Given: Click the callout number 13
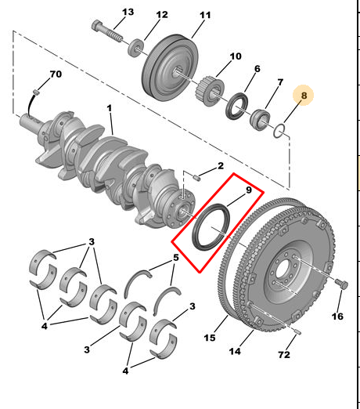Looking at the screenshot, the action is click(128, 12).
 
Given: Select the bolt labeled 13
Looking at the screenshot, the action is click(106, 31).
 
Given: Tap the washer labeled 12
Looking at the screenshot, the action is click(136, 48).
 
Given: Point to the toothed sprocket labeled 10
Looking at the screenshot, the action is click(210, 90).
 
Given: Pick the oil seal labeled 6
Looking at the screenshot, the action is click(237, 107).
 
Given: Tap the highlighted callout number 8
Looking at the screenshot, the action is click(304, 96).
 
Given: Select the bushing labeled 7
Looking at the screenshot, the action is click(260, 120).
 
